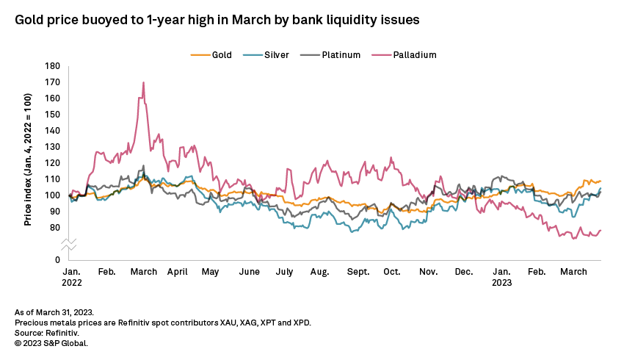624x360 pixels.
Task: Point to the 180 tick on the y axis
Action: (52, 66)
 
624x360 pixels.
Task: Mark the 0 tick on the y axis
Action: (57, 260)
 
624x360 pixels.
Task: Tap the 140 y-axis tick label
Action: (52, 131)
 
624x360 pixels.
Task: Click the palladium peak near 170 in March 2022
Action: (143, 82)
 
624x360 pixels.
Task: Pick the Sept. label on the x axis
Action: (358, 272)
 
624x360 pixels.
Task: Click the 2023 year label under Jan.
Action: (502, 282)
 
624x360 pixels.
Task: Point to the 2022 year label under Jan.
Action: (72, 282)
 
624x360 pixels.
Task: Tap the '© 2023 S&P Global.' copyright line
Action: (51, 342)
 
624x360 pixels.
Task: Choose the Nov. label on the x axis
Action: (429, 272)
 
